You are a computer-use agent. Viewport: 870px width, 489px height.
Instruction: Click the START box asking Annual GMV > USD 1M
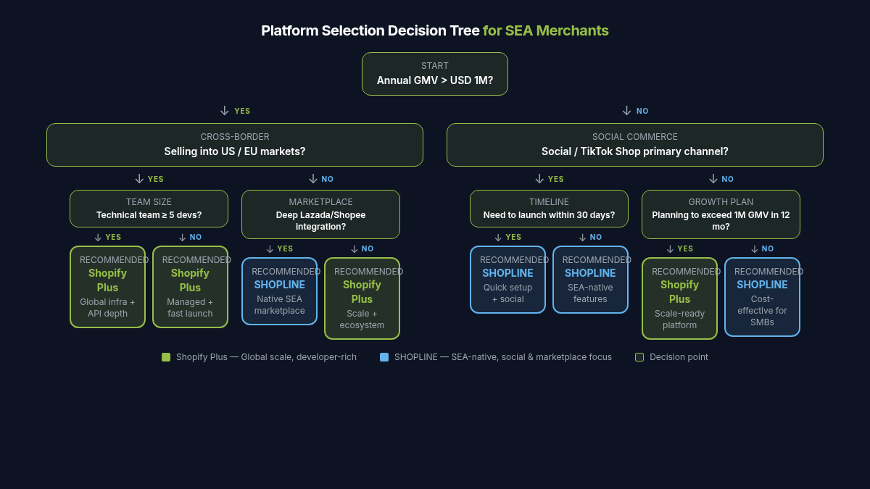434,74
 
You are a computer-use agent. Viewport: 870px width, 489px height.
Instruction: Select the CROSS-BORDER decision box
234,145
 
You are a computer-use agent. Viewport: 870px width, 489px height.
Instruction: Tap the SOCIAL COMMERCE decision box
634,145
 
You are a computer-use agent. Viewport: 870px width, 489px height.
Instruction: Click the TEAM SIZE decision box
149,209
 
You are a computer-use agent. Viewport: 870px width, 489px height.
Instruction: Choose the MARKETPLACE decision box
320,214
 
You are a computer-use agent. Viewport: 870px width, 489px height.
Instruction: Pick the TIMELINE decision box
549,209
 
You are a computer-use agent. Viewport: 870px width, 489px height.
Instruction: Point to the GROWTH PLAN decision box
721,214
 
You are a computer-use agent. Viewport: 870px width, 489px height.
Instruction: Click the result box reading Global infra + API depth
107,287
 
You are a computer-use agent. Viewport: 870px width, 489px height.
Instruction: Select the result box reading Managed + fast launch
190,287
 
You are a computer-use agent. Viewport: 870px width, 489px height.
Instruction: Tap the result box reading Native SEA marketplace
279,291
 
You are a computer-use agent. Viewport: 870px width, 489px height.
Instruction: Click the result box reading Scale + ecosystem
362,298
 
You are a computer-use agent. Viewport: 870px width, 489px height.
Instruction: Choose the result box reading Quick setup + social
507,280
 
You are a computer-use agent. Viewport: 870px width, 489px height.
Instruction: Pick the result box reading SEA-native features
590,280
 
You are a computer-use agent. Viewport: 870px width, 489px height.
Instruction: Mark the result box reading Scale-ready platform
679,298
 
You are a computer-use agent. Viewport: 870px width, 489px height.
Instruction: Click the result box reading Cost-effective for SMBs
762,297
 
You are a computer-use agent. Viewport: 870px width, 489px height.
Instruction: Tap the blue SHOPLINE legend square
384,357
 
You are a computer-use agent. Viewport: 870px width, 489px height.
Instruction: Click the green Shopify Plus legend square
166,357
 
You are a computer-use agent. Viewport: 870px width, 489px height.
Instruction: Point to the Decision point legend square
639,357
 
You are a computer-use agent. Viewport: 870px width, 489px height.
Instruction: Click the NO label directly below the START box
642,111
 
